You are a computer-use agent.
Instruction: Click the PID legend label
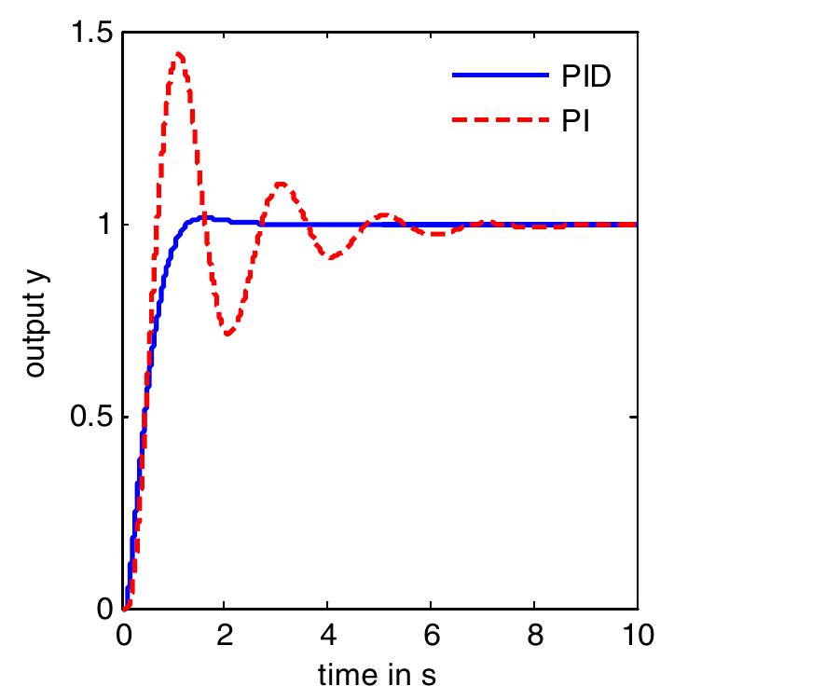[585, 76]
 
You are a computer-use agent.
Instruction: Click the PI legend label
[575, 120]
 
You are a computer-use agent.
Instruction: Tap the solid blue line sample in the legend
[500, 76]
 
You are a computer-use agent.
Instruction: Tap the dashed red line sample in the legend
[500, 120]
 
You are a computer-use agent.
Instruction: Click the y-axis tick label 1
[105, 225]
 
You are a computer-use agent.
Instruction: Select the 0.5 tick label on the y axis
[91, 417]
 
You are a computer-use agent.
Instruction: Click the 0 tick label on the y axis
[105, 609]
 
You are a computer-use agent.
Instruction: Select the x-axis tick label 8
[534, 637]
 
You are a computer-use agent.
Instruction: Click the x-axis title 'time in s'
[378, 674]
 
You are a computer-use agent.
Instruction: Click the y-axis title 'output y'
[35, 321]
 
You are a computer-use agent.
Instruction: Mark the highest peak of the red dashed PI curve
[178, 54]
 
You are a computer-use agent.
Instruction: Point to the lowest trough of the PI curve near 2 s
[227, 334]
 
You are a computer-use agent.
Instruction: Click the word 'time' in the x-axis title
[342, 674]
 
